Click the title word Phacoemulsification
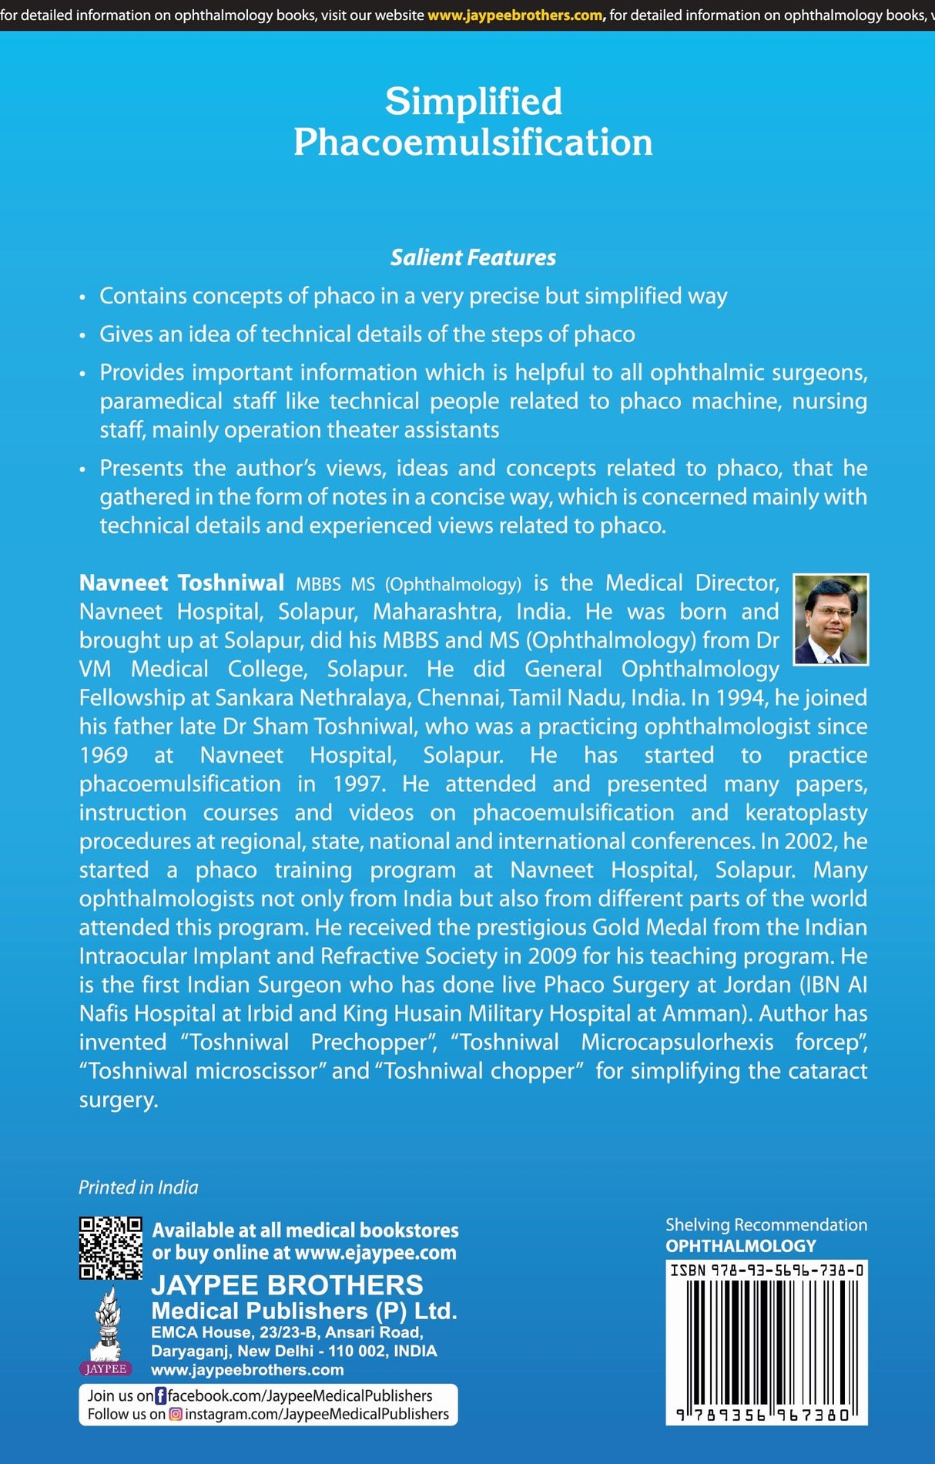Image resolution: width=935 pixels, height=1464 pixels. point(473,143)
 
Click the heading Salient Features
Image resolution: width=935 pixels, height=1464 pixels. point(473,257)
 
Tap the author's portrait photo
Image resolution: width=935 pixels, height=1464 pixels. point(830,620)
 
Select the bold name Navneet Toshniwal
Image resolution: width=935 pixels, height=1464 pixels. point(182,583)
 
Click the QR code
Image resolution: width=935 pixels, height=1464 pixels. point(111,1248)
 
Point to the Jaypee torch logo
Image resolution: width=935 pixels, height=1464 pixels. point(106,1329)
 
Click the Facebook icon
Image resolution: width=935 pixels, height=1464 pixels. point(161,1395)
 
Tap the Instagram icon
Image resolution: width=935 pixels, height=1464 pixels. point(176,1414)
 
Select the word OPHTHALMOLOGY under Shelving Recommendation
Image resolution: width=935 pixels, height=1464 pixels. point(741,1246)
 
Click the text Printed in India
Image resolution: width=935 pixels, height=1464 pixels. point(139,1187)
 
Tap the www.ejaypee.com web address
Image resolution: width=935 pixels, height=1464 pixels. point(376,1253)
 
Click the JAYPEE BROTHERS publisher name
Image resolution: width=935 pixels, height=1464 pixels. point(287,1284)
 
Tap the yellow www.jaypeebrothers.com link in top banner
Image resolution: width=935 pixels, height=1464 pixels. point(515,15)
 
